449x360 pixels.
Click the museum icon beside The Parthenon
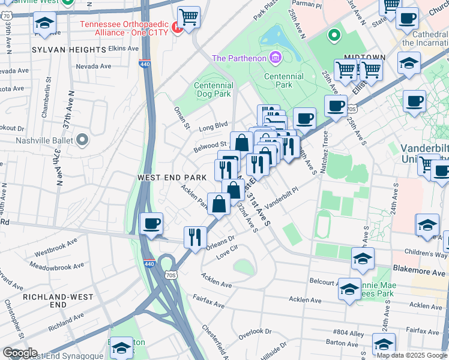click(x=276, y=58)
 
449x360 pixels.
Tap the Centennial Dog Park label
click(x=213, y=90)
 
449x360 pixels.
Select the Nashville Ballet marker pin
click(x=82, y=140)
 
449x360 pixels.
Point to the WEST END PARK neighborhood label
click(x=172, y=178)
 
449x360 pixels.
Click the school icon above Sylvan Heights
click(x=44, y=23)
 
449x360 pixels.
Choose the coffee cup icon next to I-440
click(x=151, y=224)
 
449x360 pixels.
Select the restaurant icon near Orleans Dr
click(x=195, y=236)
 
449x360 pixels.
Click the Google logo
click(x=20, y=352)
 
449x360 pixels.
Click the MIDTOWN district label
click(x=364, y=57)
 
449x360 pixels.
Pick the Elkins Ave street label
click(x=124, y=47)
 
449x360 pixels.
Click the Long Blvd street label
click(x=214, y=127)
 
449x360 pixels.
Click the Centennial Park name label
click(x=279, y=80)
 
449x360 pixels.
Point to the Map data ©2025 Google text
click(x=412, y=355)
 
